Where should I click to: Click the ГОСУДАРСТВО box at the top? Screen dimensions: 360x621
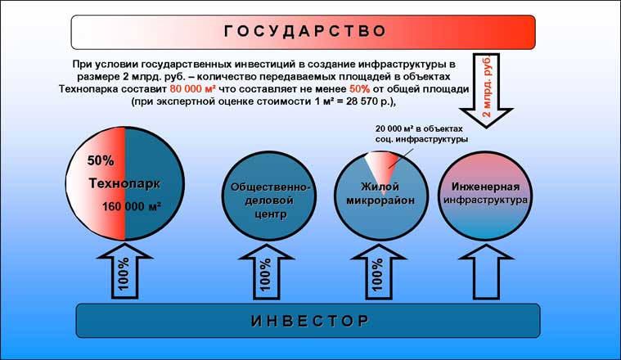coord(303,32)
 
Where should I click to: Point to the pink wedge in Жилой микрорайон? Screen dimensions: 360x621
coord(378,168)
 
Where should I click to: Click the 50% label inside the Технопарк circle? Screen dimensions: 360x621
coord(101,160)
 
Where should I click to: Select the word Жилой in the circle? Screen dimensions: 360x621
coord(380,186)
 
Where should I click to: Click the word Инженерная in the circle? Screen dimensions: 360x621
coord(483,185)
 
